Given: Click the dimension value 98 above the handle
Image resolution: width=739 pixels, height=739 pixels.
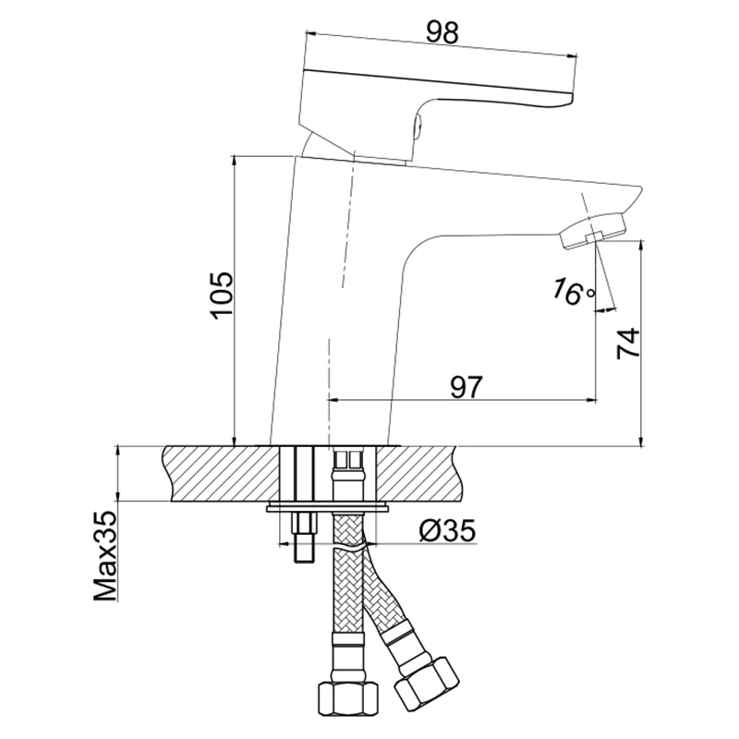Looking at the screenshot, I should point(443,31).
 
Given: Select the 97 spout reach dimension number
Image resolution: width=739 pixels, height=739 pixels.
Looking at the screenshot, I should point(467,387).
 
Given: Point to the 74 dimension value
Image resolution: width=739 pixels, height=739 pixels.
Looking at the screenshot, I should point(627,343).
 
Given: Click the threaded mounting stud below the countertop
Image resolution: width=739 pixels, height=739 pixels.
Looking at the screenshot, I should point(303,540).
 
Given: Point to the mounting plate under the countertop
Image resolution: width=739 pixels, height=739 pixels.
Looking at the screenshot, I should point(327,507).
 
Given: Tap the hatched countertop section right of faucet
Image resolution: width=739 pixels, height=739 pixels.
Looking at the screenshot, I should point(425,472).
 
